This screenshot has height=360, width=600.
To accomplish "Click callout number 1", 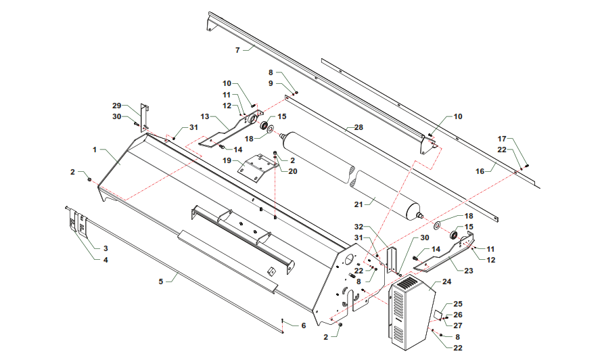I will pyautogui.click(x=95, y=148).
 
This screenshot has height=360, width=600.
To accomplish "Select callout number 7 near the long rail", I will pyautogui.click(x=237, y=50).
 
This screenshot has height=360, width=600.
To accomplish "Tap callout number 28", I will pyautogui.click(x=359, y=127).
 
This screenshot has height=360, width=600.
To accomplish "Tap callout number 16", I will pyautogui.click(x=480, y=171).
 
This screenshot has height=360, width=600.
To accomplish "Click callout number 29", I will pyautogui.click(x=116, y=106).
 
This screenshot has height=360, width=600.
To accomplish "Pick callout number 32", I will pyautogui.click(x=359, y=227).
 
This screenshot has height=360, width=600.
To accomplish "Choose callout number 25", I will pyautogui.click(x=457, y=304).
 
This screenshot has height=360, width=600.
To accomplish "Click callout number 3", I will pyautogui.click(x=105, y=248).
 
